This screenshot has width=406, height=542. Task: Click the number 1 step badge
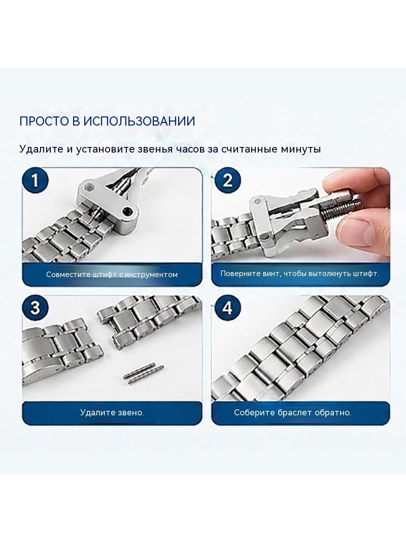[35, 180]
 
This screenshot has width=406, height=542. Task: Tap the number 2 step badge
[227, 180]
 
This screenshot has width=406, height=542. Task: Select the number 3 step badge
[35, 308]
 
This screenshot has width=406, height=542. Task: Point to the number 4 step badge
[227, 308]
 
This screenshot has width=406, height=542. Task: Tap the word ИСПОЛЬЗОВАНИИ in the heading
[140, 122]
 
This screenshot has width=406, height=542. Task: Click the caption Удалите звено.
[112, 412]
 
